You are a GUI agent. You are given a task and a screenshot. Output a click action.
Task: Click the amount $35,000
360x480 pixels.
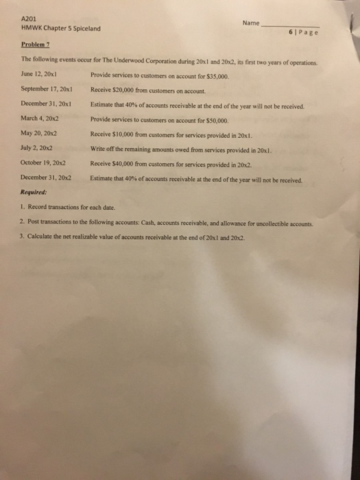(x=214, y=73)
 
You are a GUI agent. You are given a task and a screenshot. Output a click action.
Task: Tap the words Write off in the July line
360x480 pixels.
(x=102, y=149)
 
